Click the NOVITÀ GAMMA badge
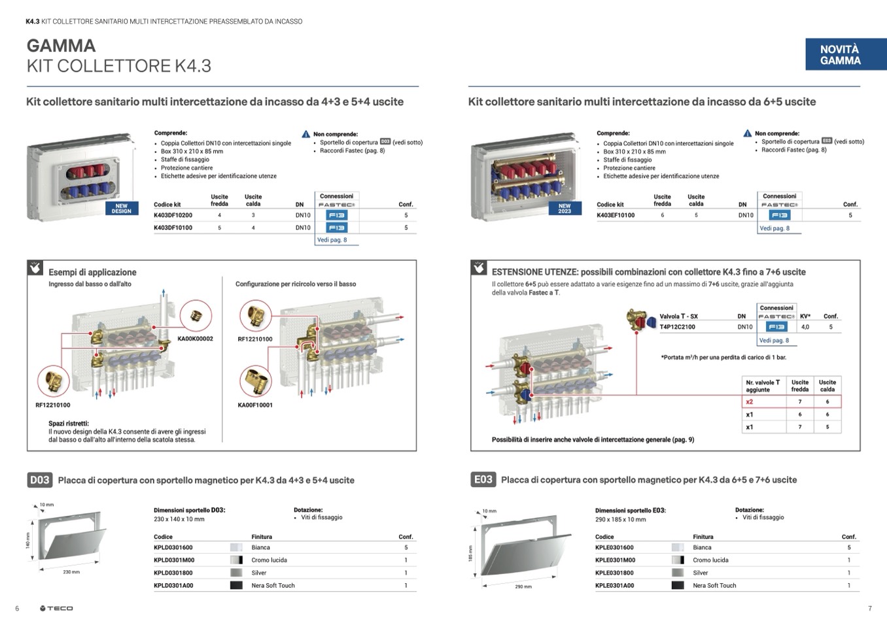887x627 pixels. [840, 55]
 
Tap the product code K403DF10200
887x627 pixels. [173, 215]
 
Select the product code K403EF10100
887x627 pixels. [616, 215]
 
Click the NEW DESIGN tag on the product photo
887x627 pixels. [122, 209]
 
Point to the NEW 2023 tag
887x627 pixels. [565, 209]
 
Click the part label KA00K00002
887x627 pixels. [195, 339]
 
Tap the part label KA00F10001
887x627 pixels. [255, 405]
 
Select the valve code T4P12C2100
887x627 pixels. [677, 327]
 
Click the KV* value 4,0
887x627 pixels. [805, 327]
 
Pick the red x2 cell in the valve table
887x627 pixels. [750, 402]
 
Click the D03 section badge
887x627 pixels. [39, 480]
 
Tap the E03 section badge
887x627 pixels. [483, 479]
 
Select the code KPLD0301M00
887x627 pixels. [174, 560]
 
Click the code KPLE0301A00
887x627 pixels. [614, 586]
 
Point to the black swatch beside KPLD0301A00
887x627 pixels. [236, 586]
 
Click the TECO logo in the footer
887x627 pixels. [56, 609]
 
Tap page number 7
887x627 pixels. [869, 609]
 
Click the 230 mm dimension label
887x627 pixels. [71, 572]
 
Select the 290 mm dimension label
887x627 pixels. [523, 586]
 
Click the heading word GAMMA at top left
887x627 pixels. [61, 46]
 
